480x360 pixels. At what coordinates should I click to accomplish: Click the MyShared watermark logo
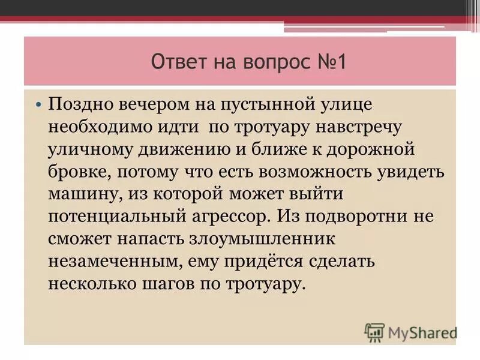click(410, 331)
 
